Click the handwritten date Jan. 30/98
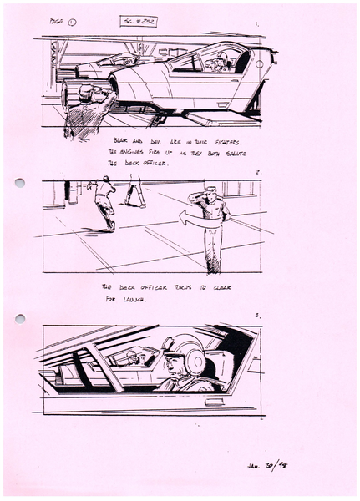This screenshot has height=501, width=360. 280,464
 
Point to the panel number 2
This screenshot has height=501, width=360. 260,173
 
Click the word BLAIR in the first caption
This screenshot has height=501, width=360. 123,140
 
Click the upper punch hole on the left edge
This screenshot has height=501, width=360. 20,182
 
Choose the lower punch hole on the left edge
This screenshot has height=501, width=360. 20,317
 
